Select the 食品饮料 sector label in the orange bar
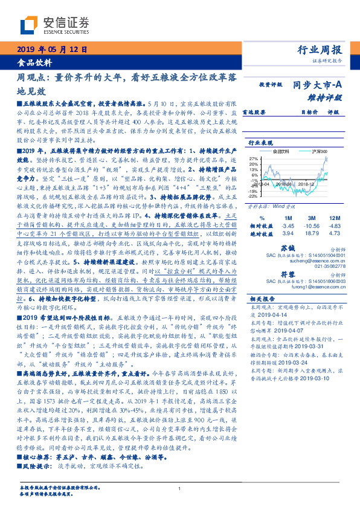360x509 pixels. [34, 62]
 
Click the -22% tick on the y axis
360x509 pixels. [253, 196]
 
